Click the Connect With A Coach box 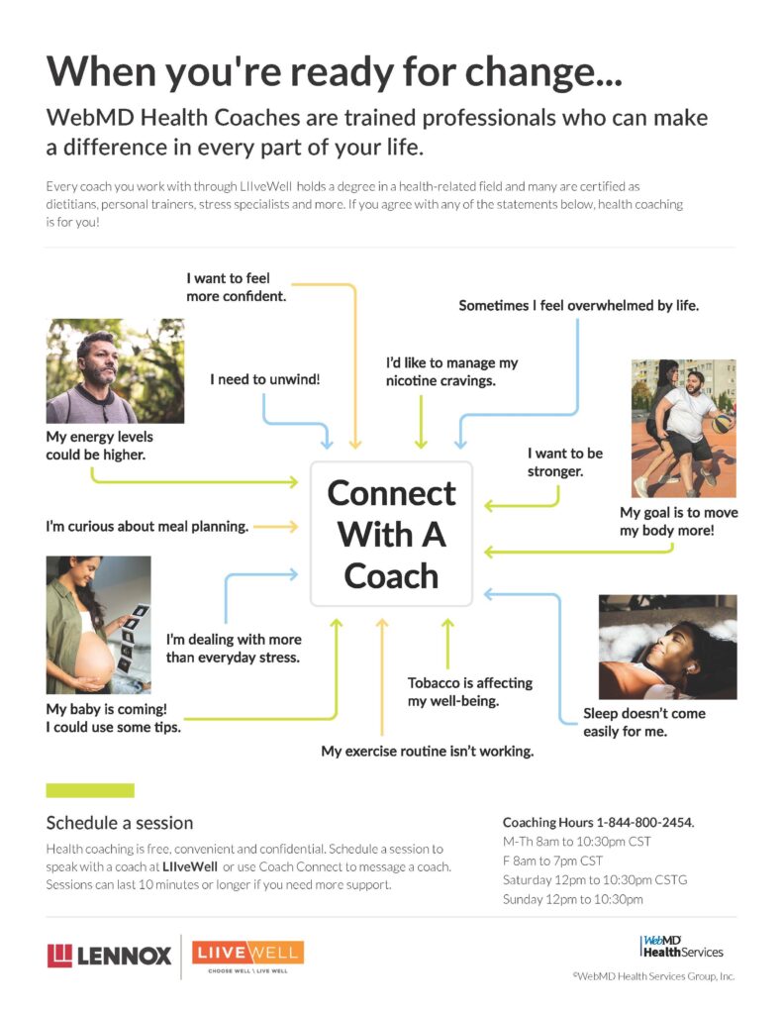pyautogui.click(x=391, y=534)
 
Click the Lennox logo pyautogui.click(x=109, y=956)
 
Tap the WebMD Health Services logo pyautogui.click(x=681, y=947)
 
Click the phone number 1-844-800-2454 pyautogui.click(x=644, y=823)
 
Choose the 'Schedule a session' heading pyautogui.click(x=120, y=823)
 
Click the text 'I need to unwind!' pyautogui.click(x=264, y=379)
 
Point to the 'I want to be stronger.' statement pyautogui.click(x=564, y=462)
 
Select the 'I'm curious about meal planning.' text pyautogui.click(x=147, y=527)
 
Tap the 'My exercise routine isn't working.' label pyautogui.click(x=428, y=752)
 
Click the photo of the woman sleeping pyautogui.click(x=667, y=647)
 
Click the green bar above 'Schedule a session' pyautogui.click(x=90, y=790)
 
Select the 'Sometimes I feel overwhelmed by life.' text pyautogui.click(x=579, y=306)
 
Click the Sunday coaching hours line pyautogui.click(x=573, y=899)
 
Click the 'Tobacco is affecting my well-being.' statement pyautogui.click(x=470, y=692)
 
